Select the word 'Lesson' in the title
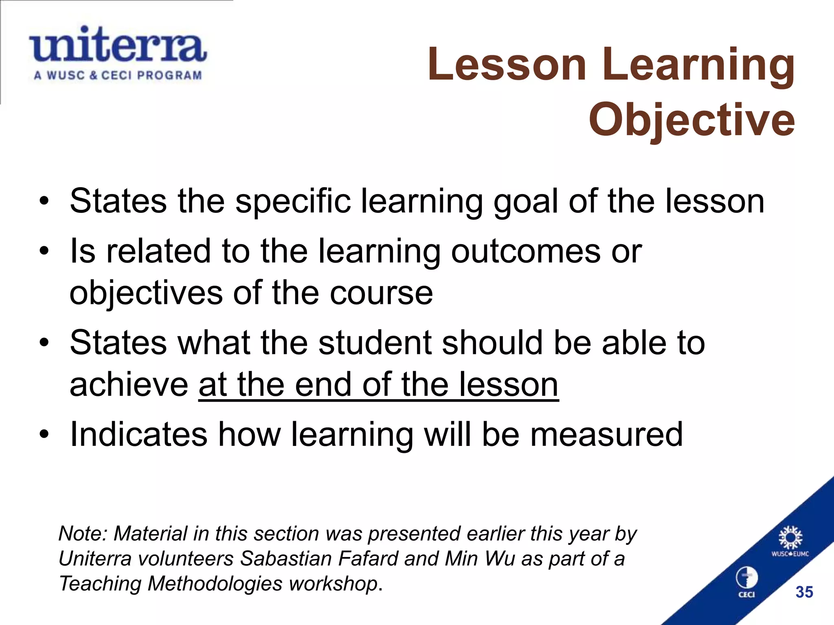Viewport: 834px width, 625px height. (x=507, y=65)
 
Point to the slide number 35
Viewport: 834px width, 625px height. (x=804, y=592)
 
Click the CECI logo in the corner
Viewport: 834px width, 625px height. (x=746, y=582)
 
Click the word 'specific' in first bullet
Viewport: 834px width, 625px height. (x=293, y=201)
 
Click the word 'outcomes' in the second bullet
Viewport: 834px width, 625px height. (x=525, y=251)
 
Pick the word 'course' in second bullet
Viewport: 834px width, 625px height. (x=381, y=293)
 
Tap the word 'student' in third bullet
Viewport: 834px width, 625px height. (x=375, y=343)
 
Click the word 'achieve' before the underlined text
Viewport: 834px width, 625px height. (x=129, y=385)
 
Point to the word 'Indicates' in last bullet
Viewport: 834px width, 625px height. (x=138, y=435)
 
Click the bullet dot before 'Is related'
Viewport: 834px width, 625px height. (x=44, y=251)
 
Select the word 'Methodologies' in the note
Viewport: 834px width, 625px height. (x=215, y=583)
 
